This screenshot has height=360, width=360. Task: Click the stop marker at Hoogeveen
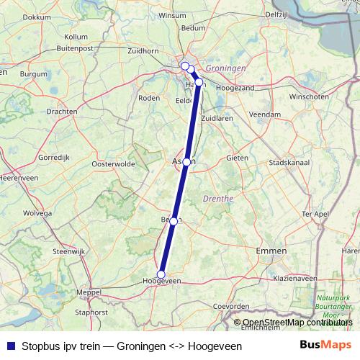tap(161, 274)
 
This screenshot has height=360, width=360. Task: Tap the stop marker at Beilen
tap(174, 221)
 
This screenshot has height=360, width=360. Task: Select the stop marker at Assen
tap(186, 162)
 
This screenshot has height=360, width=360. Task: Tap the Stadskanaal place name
tap(287, 163)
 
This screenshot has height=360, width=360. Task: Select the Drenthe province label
tap(219, 198)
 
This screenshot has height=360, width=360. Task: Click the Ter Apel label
tap(315, 214)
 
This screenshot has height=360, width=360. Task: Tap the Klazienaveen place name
tap(294, 277)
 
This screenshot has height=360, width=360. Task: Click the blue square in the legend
tap(10, 346)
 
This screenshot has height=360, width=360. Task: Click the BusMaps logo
tap(321, 345)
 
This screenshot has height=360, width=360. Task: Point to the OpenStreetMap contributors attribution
tap(297, 323)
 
